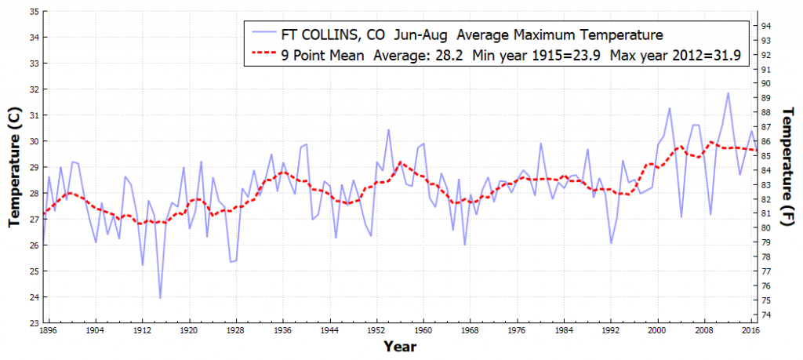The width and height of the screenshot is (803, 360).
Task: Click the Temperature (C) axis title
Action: tap(13, 167)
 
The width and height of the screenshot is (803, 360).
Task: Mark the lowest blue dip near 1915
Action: tap(160, 298)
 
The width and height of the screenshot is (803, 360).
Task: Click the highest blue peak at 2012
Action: tap(728, 93)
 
